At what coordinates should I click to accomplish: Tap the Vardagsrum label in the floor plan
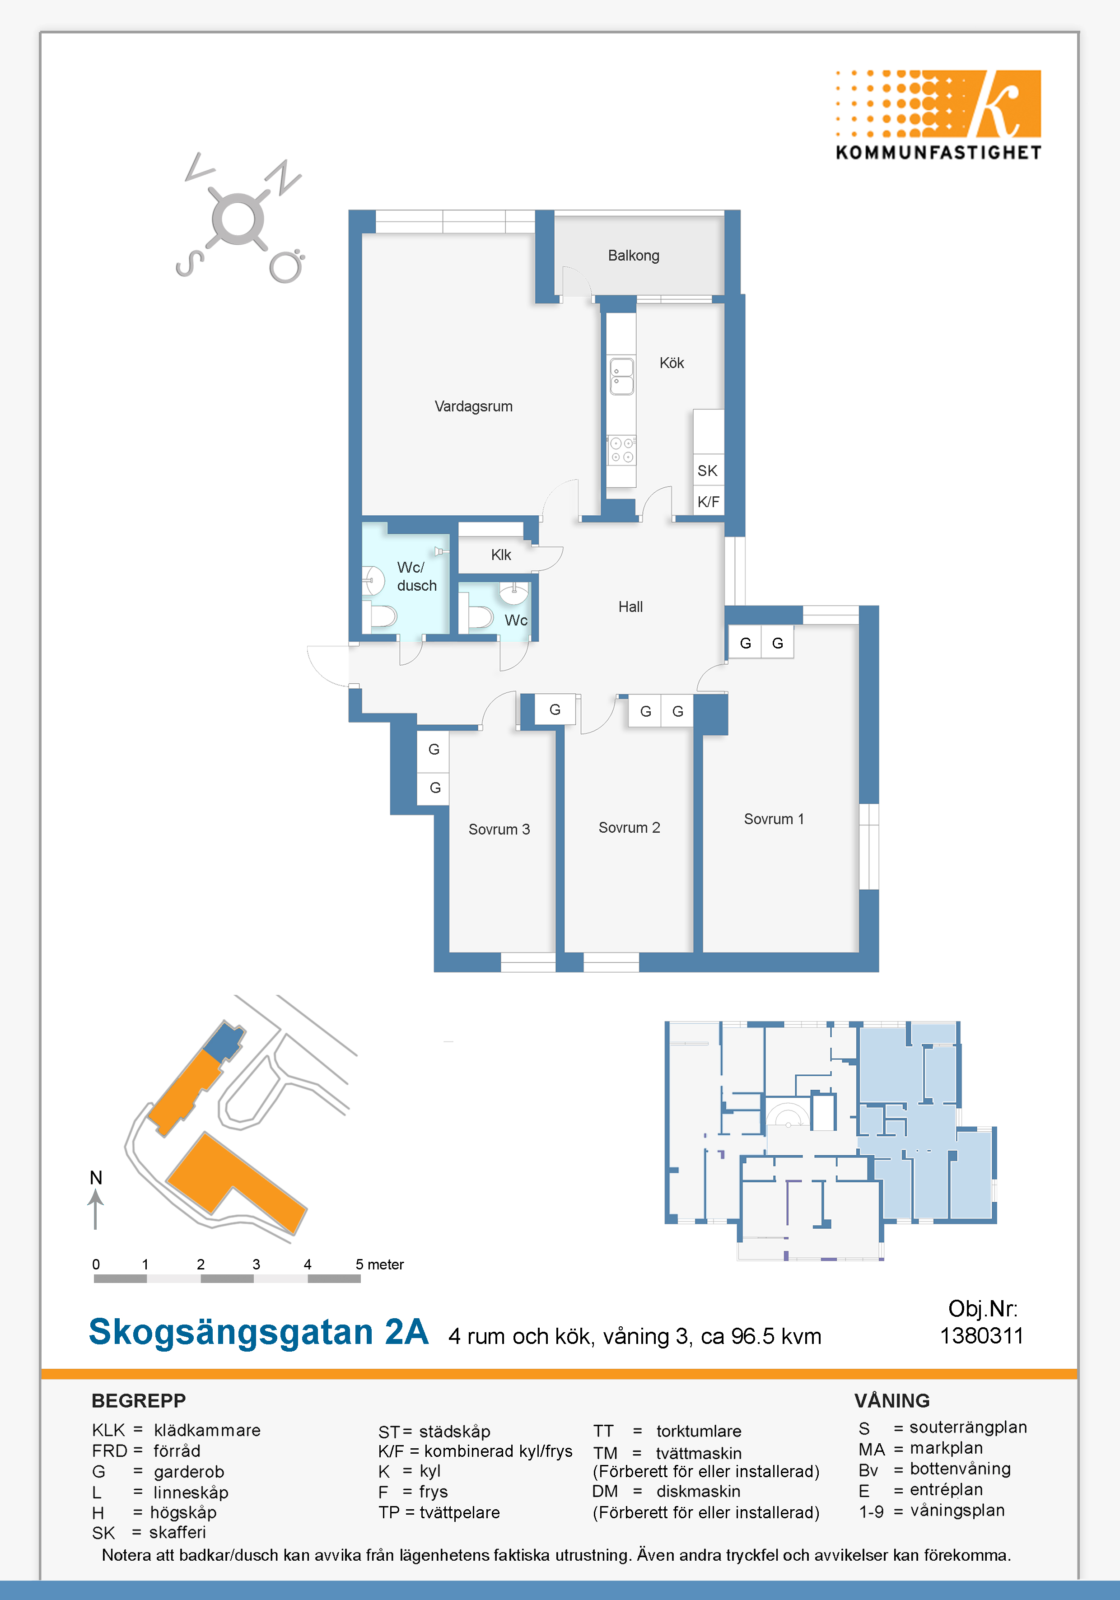(x=473, y=406)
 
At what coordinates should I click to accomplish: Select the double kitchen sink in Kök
(x=622, y=376)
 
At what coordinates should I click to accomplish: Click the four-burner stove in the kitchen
(x=622, y=450)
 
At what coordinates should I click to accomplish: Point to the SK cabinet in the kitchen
(x=709, y=471)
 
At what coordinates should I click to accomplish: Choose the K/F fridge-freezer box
(x=709, y=501)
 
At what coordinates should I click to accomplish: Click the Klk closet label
(x=501, y=555)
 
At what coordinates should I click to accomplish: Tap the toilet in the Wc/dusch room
(x=381, y=616)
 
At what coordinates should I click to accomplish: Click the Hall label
(x=631, y=607)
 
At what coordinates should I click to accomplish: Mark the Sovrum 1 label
(x=774, y=819)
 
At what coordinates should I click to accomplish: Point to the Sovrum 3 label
(x=499, y=829)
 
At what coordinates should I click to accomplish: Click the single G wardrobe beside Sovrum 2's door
(x=555, y=709)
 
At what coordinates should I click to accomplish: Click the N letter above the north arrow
(x=96, y=1178)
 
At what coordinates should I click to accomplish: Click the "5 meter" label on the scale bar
(x=380, y=1264)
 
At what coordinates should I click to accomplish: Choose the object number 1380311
(x=981, y=1335)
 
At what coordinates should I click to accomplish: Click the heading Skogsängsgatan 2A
(x=259, y=1332)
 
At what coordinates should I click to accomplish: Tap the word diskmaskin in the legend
(x=698, y=1491)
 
